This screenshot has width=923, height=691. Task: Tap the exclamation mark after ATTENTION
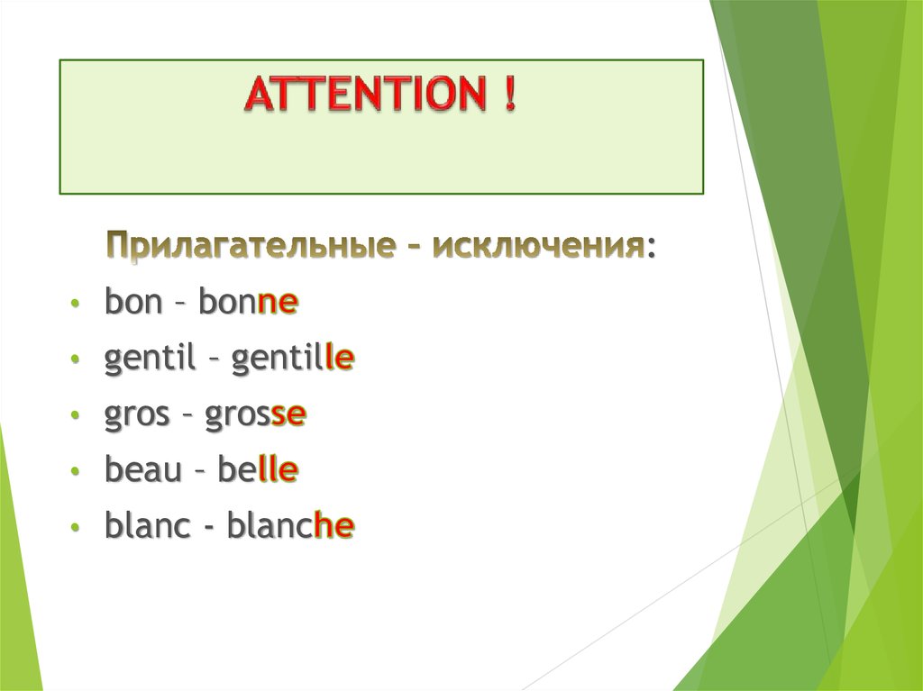511,95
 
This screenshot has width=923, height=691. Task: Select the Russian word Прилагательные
244,245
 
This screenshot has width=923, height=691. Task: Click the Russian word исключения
539,245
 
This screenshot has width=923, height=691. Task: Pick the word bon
132,304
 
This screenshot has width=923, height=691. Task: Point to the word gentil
150,360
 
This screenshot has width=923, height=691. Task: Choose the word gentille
292,360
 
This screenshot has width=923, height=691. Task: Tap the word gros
137,416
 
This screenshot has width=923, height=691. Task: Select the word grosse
256,416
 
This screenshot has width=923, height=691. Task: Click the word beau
142,471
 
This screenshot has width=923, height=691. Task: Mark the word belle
258,471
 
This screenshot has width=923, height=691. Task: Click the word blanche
290,527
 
